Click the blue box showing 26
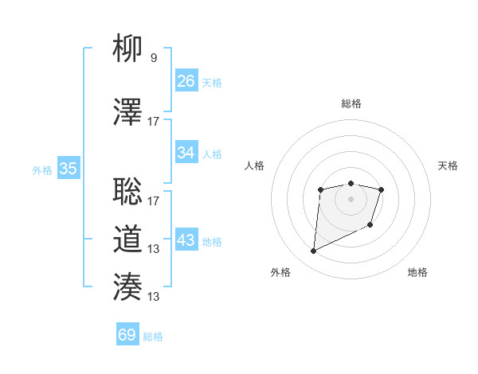pyautogui.click(x=186, y=80)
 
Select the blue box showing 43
pyautogui.click(x=186, y=240)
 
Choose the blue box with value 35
pyautogui.click(x=69, y=168)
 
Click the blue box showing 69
pyautogui.click(x=127, y=335)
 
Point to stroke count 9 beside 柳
pyautogui.click(x=153, y=58)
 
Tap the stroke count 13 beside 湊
pyautogui.click(x=154, y=297)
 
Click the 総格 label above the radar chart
pyautogui.click(x=351, y=103)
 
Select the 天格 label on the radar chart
pyautogui.click(x=449, y=166)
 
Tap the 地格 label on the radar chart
pyautogui.click(x=417, y=272)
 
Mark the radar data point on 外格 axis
pyautogui.click(x=313, y=251)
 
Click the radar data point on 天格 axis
pyautogui.click(x=382, y=189)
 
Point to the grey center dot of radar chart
pyautogui.click(x=351, y=198)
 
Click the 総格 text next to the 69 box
pyautogui.click(x=153, y=337)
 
